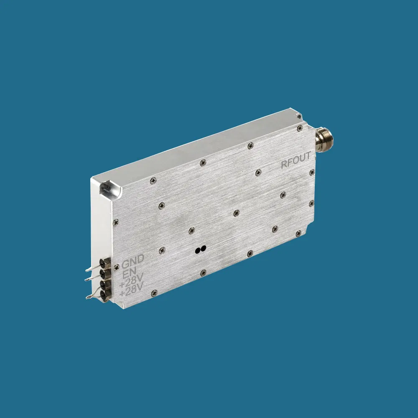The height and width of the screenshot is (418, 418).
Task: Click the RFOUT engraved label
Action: pyautogui.click(x=296, y=160)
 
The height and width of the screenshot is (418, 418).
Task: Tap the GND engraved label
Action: pyautogui.click(x=133, y=261)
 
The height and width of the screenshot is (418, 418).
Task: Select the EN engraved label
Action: pyautogui.click(x=130, y=273)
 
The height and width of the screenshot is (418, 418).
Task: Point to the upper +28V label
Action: pyautogui.click(x=131, y=280)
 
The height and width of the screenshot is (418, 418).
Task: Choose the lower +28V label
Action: pyautogui.click(x=131, y=290)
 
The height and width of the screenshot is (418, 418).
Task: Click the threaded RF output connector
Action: pyautogui.click(x=324, y=140)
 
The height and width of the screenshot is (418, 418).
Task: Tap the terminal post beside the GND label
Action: pyautogui.click(x=105, y=263)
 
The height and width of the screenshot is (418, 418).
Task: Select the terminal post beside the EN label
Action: pyautogui.click(x=105, y=273)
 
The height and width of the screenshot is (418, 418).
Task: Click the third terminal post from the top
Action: pyautogui.click(x=106, y=284)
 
